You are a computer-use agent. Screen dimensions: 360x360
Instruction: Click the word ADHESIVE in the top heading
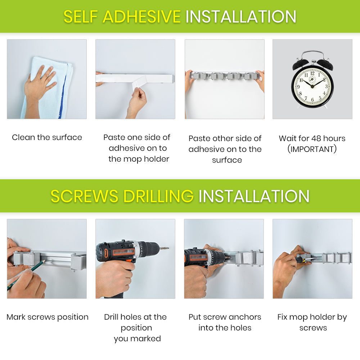pyautogui.click(x=141, y=17)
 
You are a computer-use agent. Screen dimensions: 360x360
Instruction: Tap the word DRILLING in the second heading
pyautogui.click(x=159, y=196)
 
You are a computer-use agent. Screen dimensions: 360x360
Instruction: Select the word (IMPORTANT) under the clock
pyautogui.click(x=312, y=149)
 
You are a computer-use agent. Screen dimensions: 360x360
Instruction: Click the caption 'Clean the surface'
pyautogui.click(x=47, y=137)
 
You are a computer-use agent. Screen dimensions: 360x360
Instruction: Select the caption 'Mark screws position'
pyautogui.click(x=48, y=317)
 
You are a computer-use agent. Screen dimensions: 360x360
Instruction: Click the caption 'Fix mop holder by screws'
pyautogui.click(x=312, y=322)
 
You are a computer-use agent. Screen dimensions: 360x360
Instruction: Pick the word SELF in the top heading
pyautogui.click(x=81, y=17)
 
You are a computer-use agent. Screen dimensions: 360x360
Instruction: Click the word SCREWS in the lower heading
pyautogui.click(x=85, y=196)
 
